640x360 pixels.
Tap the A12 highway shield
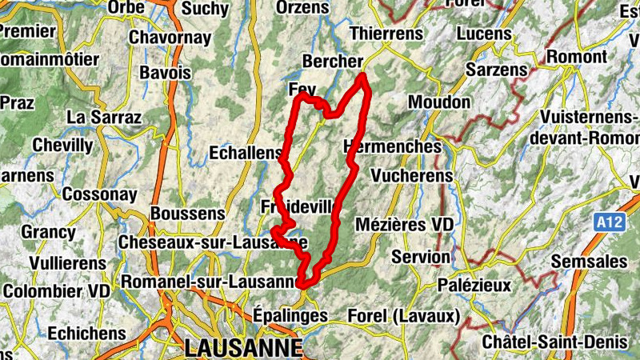609,222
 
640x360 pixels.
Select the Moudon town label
439,102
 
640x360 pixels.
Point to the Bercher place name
332,62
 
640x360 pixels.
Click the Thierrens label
386,34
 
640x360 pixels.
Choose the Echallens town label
245,152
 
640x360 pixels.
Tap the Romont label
577,57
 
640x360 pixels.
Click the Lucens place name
484,34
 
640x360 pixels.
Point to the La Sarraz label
104,117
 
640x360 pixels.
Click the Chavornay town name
164,38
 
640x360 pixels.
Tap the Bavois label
166,72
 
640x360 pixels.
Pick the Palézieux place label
474,285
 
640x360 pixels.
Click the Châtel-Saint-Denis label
554,342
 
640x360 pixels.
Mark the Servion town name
421,257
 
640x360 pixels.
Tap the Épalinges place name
290,315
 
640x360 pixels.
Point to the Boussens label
187,214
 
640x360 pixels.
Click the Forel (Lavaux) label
402,317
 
